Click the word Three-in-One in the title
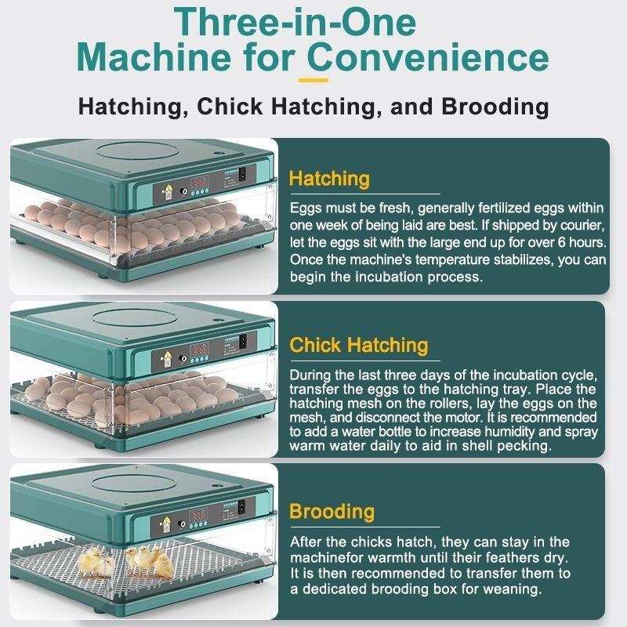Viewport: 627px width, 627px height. [295, 22]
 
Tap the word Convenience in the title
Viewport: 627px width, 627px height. [428, 57]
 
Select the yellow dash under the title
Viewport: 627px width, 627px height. [313, 81]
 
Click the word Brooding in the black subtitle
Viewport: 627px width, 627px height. [495, 107]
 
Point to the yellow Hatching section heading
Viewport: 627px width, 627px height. [329, 179]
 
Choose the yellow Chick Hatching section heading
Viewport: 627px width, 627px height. [359, 345]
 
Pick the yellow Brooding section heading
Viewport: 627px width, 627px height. [332, 512]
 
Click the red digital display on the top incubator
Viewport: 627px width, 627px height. [199, 183]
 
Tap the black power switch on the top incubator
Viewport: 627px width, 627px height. [242, 174]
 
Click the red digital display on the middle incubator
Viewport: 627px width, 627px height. [199, 350]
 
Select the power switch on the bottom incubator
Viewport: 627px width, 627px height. [241, 507]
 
